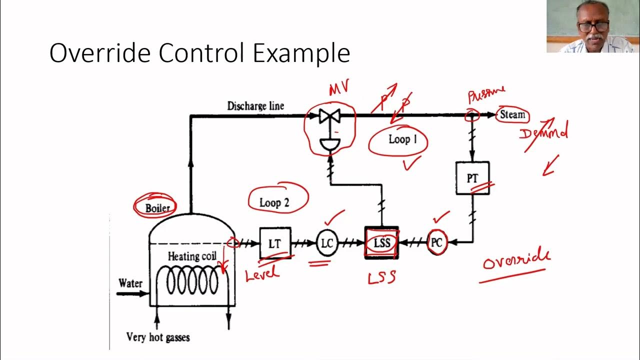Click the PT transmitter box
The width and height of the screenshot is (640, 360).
click(x=472, y=178)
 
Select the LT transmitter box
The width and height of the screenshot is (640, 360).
click(x=274, y=243)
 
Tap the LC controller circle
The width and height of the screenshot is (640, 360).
click(x=326, y=243)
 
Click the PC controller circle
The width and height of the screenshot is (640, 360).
click(x=436, y=243)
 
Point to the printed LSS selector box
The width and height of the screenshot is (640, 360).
click(x=382, y=243)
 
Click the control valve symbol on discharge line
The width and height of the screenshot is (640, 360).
click(x=329, y=116)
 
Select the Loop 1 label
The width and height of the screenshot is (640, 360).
click(x=402, y=139)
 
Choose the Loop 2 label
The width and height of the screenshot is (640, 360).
click(x=274, y=202)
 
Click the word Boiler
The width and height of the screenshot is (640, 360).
click(x=157, y=208)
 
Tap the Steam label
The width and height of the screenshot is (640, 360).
click(x=512, y=114)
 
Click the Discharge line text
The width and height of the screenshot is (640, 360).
click(x=255, y=106)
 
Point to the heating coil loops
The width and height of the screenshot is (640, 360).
click(x=192, y=281)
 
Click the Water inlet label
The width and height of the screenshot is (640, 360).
click(x=130, y=283)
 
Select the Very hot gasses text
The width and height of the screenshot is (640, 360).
click(x=158, y=337)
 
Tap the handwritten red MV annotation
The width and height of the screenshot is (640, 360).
click(x=338, y=89)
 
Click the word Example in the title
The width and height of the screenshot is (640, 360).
click(x=301, y=53)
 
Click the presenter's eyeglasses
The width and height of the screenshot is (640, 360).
click(x=593, y=26)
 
